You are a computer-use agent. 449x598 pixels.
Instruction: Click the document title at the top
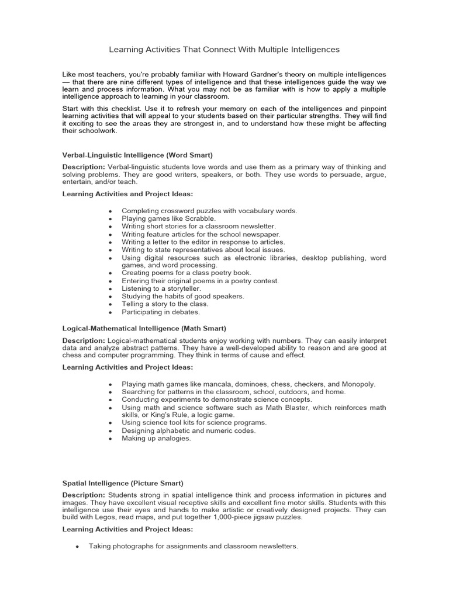[x=224, y=50]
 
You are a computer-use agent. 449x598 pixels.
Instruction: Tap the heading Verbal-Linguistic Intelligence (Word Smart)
[x=137, y=155]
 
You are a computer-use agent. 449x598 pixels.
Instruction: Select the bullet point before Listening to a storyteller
[x=109, y=288]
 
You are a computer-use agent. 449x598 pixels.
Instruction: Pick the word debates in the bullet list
[x=186, y=312]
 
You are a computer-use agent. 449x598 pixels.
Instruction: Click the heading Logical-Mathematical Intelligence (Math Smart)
[x=144, y=329]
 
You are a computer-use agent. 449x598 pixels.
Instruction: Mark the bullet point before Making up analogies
[x=109, y=439]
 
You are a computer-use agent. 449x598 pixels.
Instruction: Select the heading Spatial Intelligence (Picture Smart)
[x=123, y=484]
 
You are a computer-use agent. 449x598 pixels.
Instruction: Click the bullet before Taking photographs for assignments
[x=77, y=547]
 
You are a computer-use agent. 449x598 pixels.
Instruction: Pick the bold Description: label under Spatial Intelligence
[x=84, y=495]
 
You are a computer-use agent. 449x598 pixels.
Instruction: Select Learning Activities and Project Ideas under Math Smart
[x=127, y=367]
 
